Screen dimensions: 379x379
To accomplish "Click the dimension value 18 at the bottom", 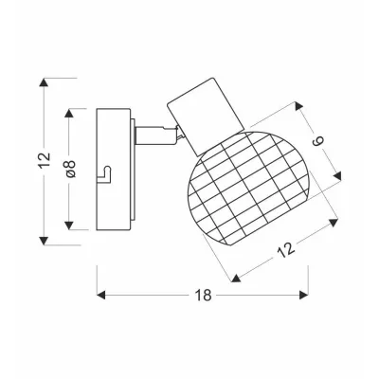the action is pyautogui.click(x=203, y=296).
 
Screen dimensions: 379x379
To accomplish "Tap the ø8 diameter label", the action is pyautogui.click(x=71, y=169).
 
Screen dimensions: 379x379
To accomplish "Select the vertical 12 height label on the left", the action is pyautogui.click(x=45, y=160).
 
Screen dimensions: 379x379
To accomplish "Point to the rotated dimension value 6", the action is pyautogui.click(x=318, y=142).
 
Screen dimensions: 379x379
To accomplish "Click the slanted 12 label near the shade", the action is pyautogui.click(x=286, y=250).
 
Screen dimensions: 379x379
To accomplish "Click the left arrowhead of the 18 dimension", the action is pyautogui.click(x=100, y=296).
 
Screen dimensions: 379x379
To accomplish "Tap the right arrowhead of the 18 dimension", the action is pyautogui.click(x=304, y=296).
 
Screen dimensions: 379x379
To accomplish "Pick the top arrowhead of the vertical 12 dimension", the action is pyautogui.click(x=45, y=82).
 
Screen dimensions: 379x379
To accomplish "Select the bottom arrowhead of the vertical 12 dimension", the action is pyautogui.click(x=45, y=241).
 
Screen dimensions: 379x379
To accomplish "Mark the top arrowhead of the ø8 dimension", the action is pyautogui.click(x=69, y=114).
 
